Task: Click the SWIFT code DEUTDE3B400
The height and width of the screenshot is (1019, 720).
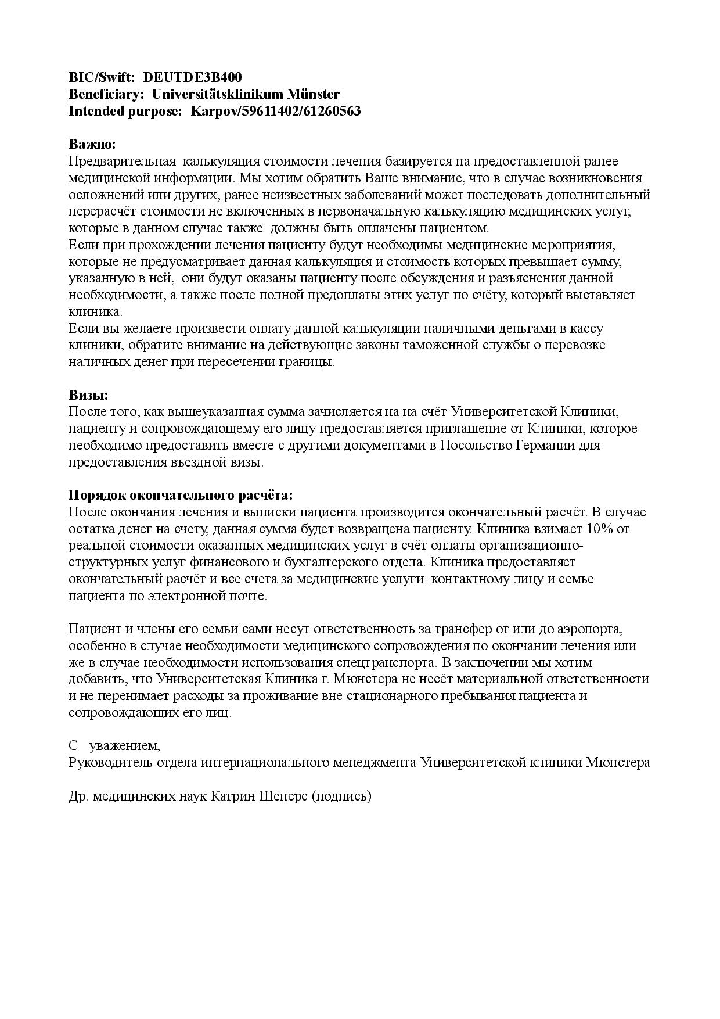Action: pyautogui.click(x=192, y=77)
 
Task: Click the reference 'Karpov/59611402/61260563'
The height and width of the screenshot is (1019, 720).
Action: pyautogui.click(x=276, y=111)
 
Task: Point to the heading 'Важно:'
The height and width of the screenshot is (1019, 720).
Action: pyautogui.click(x=92, y=144)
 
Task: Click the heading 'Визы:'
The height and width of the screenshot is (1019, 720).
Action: pyautogui.click(x=88, y=395)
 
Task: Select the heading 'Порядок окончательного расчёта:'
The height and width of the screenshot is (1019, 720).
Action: pyautogui.click(x=181, y=496)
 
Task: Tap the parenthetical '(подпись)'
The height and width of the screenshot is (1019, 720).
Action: pyautogui.click(x=341, y=796)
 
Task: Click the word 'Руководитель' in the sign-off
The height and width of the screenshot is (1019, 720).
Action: pyautogui.click(x=110, y=762)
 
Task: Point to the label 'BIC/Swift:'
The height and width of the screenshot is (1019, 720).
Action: pyautogui.click(x=102, y=77)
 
